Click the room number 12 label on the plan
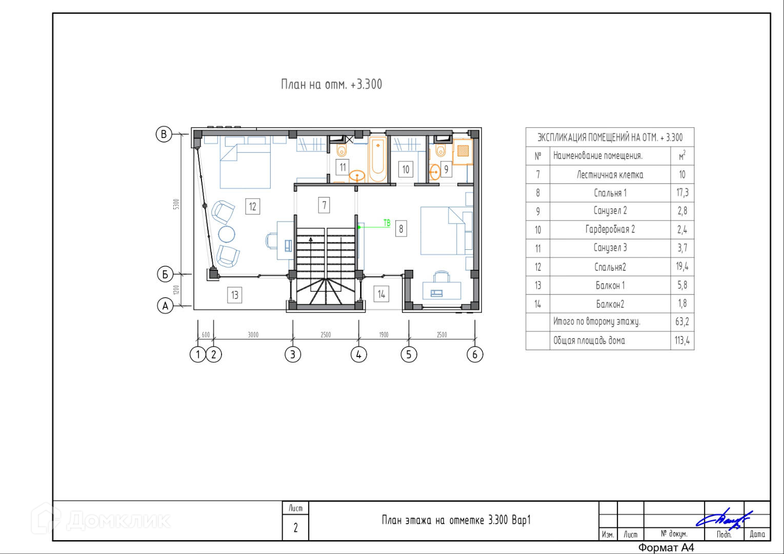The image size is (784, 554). click(x=252, y=206)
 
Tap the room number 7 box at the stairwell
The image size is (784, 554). click(x=324, y=205)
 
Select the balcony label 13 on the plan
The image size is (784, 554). click(x=234, y=295)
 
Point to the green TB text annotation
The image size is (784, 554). click(x=387, y=223)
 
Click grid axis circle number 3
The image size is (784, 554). click(x=293, y=354)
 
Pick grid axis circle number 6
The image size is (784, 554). click(x=475, y=354)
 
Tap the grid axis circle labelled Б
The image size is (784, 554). click(x=165, y=274)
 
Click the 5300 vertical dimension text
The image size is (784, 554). click(x=176, y=204)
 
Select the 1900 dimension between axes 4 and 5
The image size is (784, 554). click(x=384, y=335)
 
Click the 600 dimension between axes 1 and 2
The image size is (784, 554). click(x=206, y=335)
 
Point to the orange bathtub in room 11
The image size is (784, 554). click(x=378, y=160)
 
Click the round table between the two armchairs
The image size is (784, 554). click(x=227, y=234)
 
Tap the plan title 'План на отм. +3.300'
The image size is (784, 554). click(x=331, y=85)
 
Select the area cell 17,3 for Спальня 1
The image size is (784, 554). click(x=682, y=192)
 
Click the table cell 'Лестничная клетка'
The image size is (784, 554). click(x=610, y=175)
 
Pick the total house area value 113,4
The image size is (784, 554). click(x=682, y=340)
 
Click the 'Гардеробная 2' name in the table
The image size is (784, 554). click(x=610, y=229)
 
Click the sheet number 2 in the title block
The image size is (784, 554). click(x=295, y=528)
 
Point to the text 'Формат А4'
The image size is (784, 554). click(x=666, y=547)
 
